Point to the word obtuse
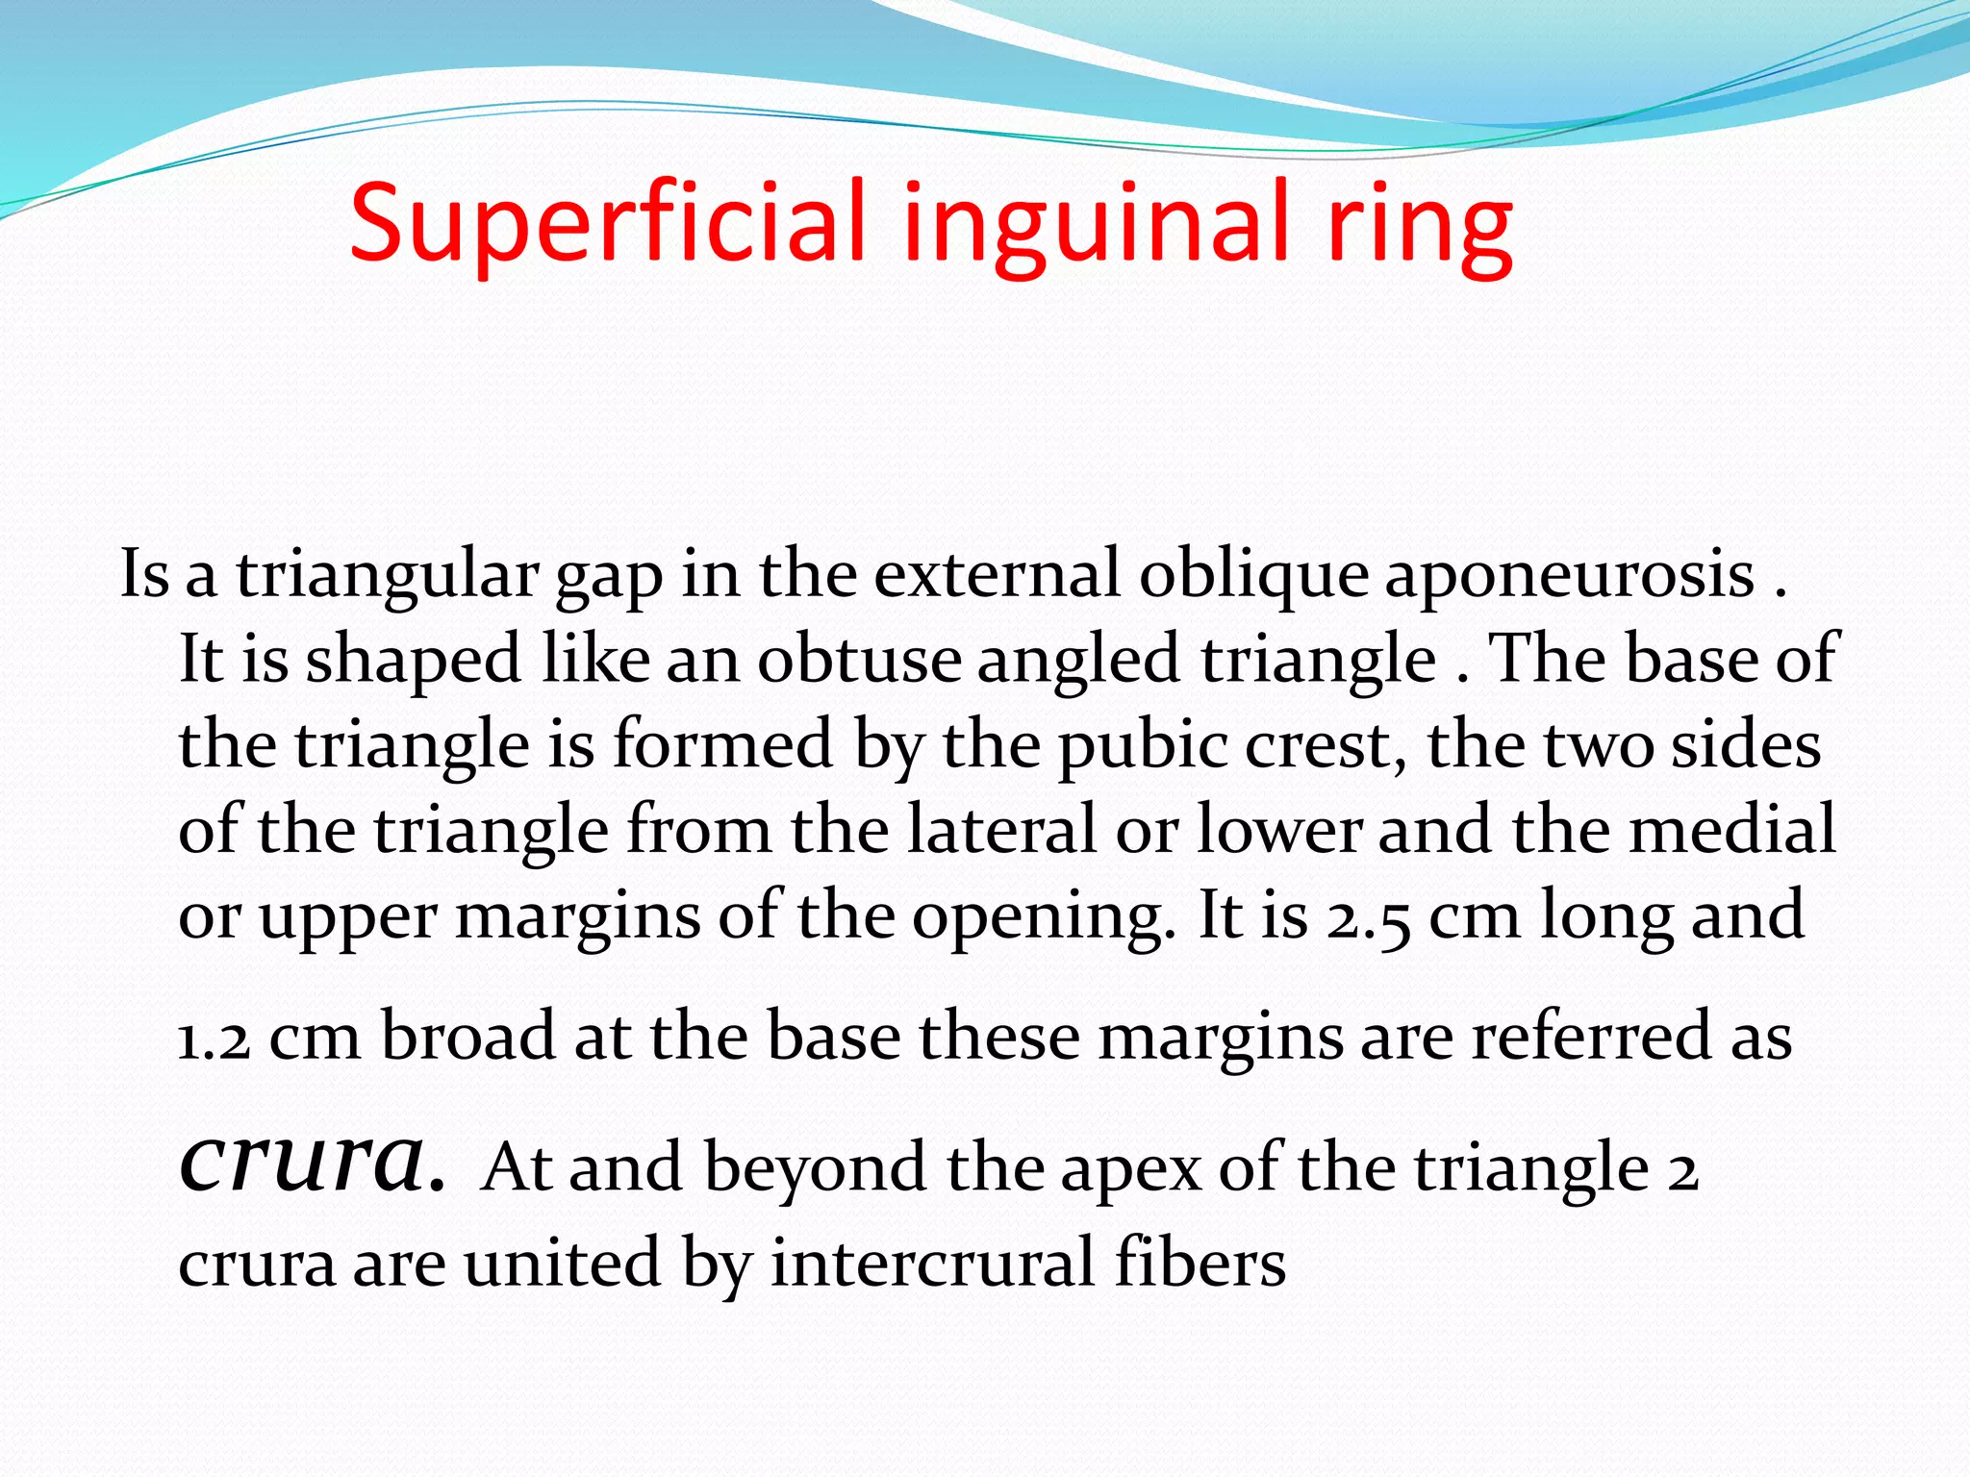click(859, 660)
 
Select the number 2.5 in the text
click(1369, 916)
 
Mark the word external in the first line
click(997, 575)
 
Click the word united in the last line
click(564, 1263)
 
